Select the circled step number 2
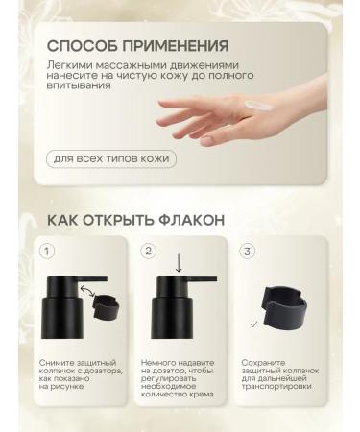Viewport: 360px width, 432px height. point(148,252)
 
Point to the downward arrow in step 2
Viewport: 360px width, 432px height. point(179,262)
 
